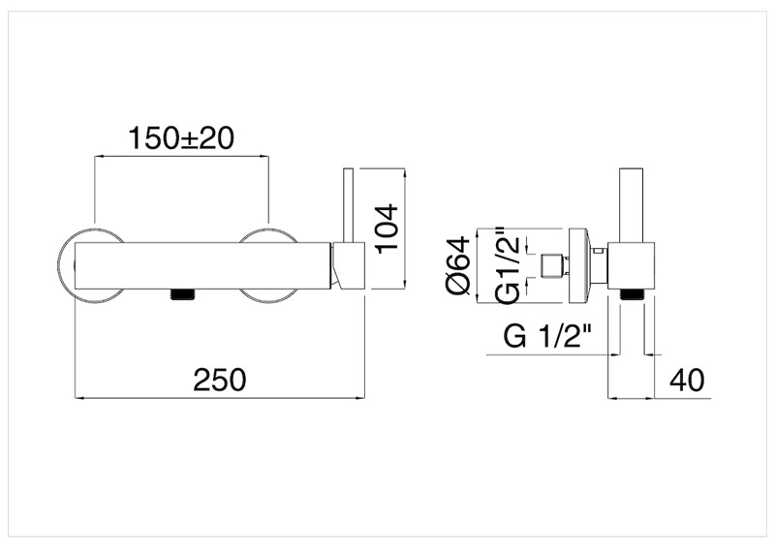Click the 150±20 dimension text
[x=182, y=138]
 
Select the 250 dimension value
[x=221, y=380]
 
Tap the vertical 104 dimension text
[x=387, y=228]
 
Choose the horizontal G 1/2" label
[x=549, y=338]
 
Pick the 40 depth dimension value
[x=688, y=381]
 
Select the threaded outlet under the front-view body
[x=184, y=293]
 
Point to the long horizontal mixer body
[x=203, y=266]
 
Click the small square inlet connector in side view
[x=553, y=265]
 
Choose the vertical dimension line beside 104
[x=404, y=228]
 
